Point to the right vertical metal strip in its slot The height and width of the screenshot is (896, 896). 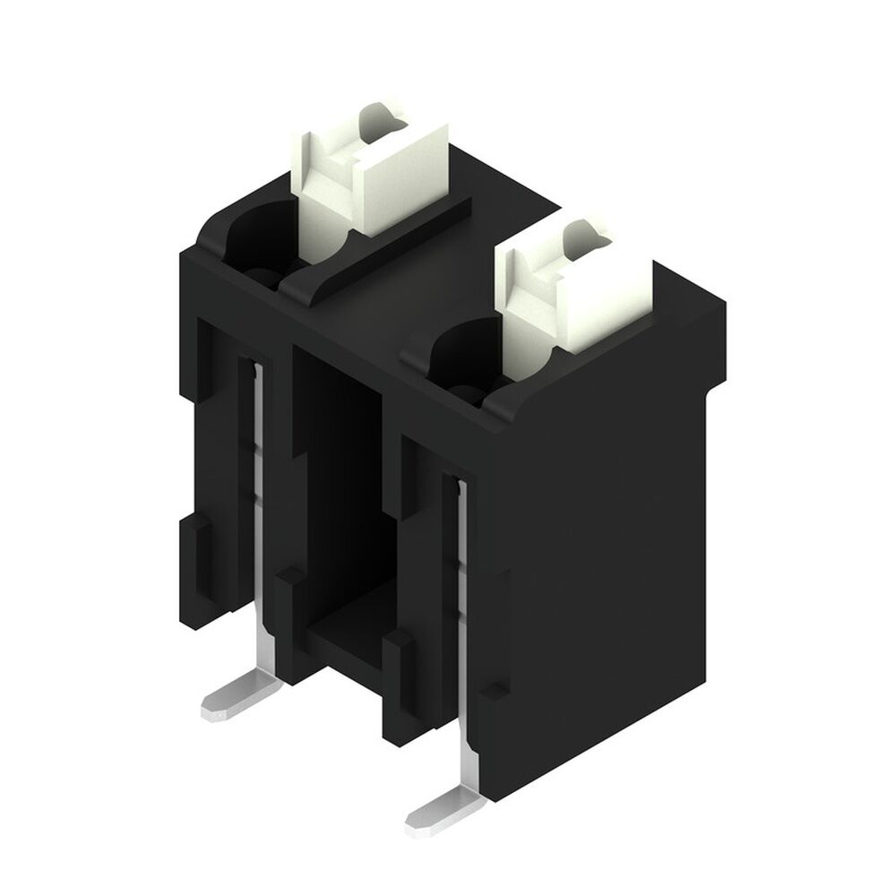click(462, 582)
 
